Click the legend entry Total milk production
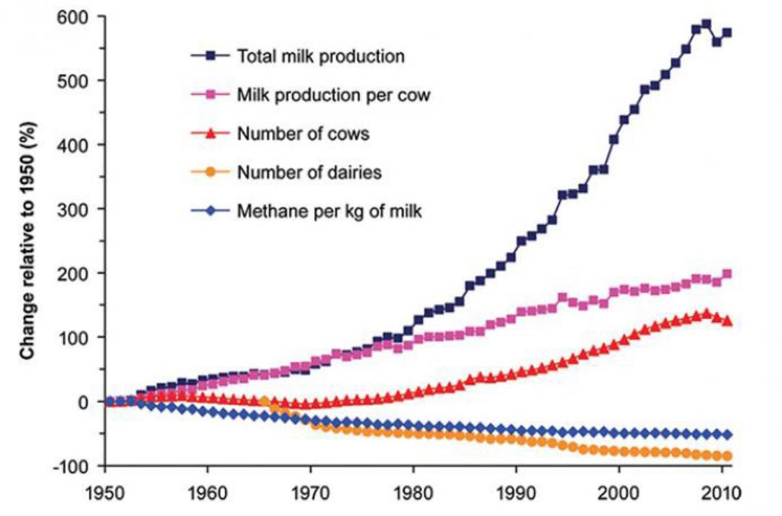321,56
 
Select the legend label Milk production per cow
334,95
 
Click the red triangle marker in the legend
212,133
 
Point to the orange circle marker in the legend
212,172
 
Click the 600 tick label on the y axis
74,17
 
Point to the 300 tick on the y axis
74,209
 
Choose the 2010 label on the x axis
721,494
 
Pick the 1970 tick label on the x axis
311,494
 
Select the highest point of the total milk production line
706,24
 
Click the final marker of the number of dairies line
726,456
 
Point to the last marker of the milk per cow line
727,274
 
